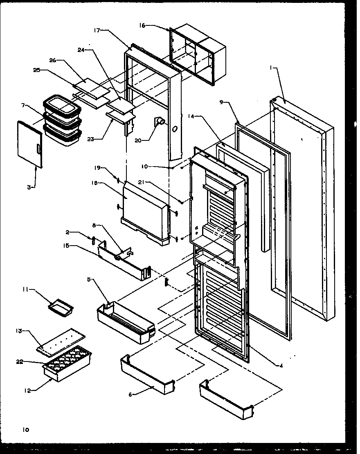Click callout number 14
click(x=191, y=116)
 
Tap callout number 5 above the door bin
click(x=90, y=280)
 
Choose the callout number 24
click(x=81, y=50)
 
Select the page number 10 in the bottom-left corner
click(x=26, y=429)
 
